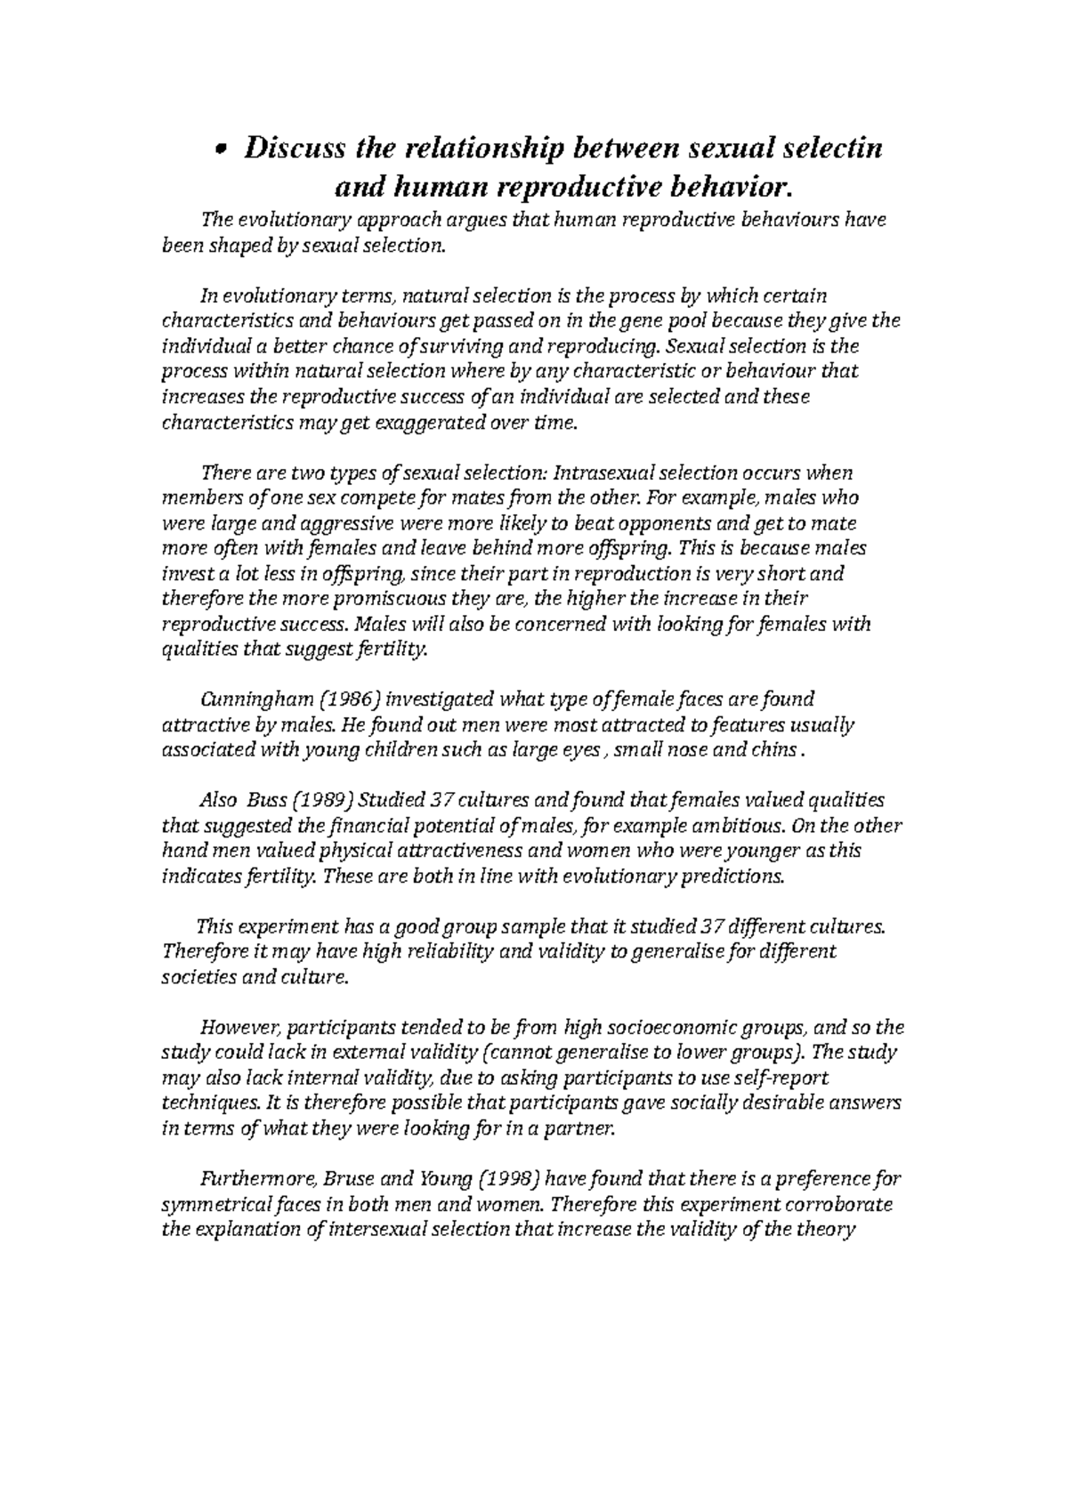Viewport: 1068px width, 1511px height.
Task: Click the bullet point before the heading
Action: tap(224, 150)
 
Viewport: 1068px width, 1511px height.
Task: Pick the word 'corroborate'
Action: tap(841, 1207)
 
